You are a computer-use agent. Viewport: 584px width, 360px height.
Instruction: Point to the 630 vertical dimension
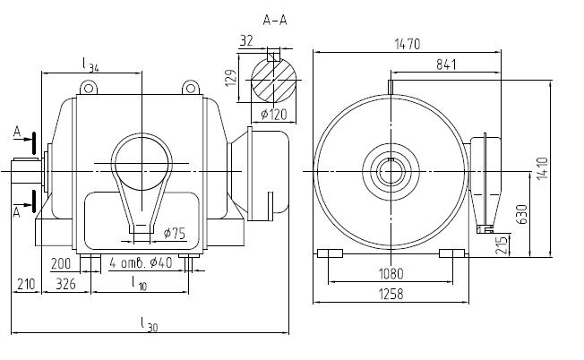pos(521,213)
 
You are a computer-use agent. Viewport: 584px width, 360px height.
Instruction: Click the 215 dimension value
pos(503,244)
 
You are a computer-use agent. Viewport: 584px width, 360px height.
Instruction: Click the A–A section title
pos(276,18)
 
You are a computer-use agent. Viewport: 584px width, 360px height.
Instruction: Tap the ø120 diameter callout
pos(271,115)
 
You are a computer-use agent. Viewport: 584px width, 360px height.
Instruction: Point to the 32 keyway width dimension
pos(246,39)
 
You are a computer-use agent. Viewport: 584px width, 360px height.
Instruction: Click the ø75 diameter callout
pos(175,234)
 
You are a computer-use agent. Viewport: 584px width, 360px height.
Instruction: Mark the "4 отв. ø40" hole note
pos(142,263)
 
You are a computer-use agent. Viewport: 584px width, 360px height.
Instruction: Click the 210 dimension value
pos(25,285)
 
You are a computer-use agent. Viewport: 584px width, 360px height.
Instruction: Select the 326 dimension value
pos(65,285)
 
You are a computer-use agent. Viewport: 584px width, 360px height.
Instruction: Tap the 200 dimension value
pos(61,263)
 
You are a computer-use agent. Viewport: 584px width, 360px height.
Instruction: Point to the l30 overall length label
pos(150,325)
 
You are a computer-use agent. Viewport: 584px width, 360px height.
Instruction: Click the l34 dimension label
pos(90,64)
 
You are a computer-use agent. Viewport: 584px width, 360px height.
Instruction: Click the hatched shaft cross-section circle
pos(273,77)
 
